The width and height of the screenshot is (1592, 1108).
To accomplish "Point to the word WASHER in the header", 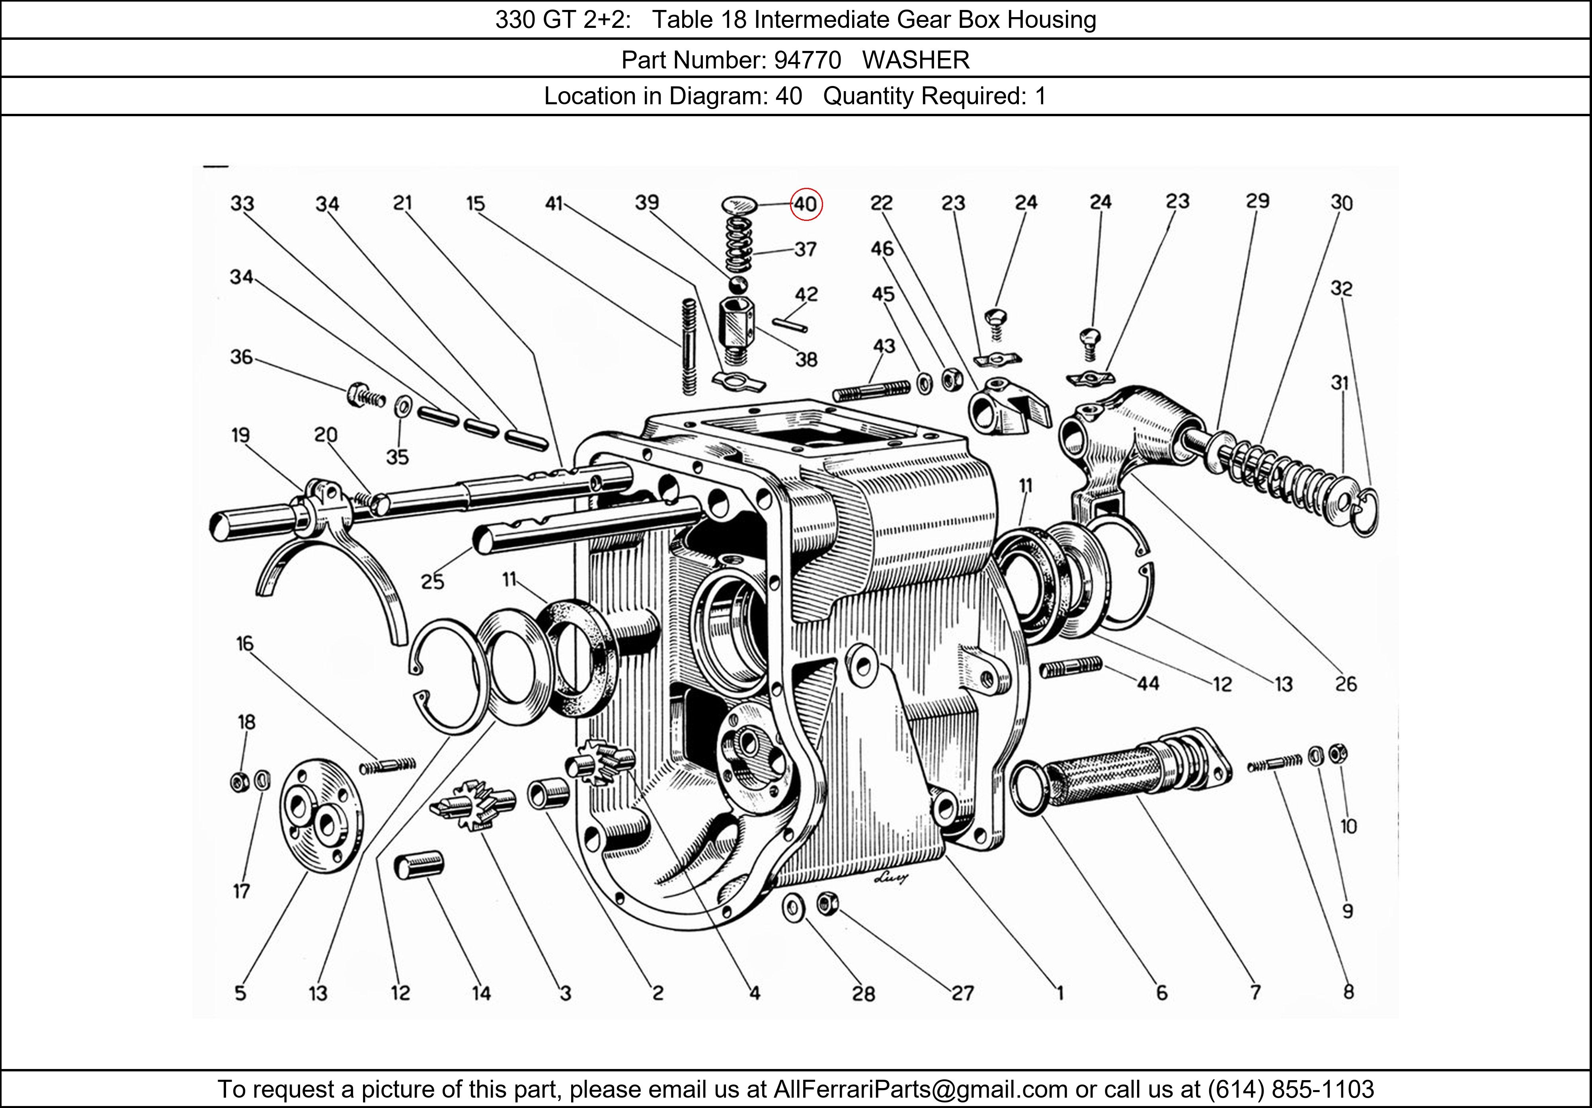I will [x=915, y=60].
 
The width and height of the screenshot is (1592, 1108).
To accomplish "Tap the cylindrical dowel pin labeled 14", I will [x=419, y=867].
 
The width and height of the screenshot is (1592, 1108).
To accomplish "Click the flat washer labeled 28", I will [x=792, y=908].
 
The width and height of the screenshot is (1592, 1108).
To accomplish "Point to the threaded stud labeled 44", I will [x=1071, y=668].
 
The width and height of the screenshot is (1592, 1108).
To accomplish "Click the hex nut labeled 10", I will [x=1338, y=753].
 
